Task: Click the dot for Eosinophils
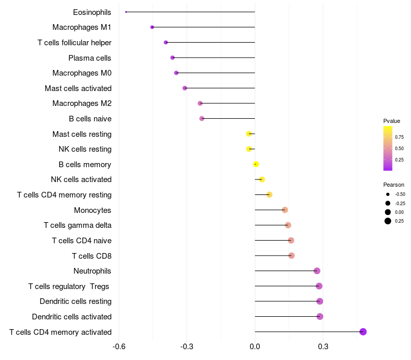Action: point(126,12)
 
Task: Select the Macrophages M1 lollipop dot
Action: point(152,27)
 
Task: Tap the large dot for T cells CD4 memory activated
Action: point(363,332)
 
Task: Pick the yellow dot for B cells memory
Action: point(256,165)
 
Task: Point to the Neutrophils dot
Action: point(317,271)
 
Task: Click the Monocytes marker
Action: point(285,210)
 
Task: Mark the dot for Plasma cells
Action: point(173,58)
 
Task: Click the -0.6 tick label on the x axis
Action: point(119,347)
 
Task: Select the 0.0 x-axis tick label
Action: point(255,347)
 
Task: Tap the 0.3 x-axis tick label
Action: point(323,347)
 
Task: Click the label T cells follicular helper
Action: point(74,43)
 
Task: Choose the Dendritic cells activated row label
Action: point(72,317)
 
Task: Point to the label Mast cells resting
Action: point(82,134)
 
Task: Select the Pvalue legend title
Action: point(391,121)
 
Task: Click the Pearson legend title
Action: point(394,185)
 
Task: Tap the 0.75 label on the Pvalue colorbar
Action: point(399,137)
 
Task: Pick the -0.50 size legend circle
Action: point(388,194)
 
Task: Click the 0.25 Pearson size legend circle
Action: point(388,221)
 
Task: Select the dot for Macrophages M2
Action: point(200,103)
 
